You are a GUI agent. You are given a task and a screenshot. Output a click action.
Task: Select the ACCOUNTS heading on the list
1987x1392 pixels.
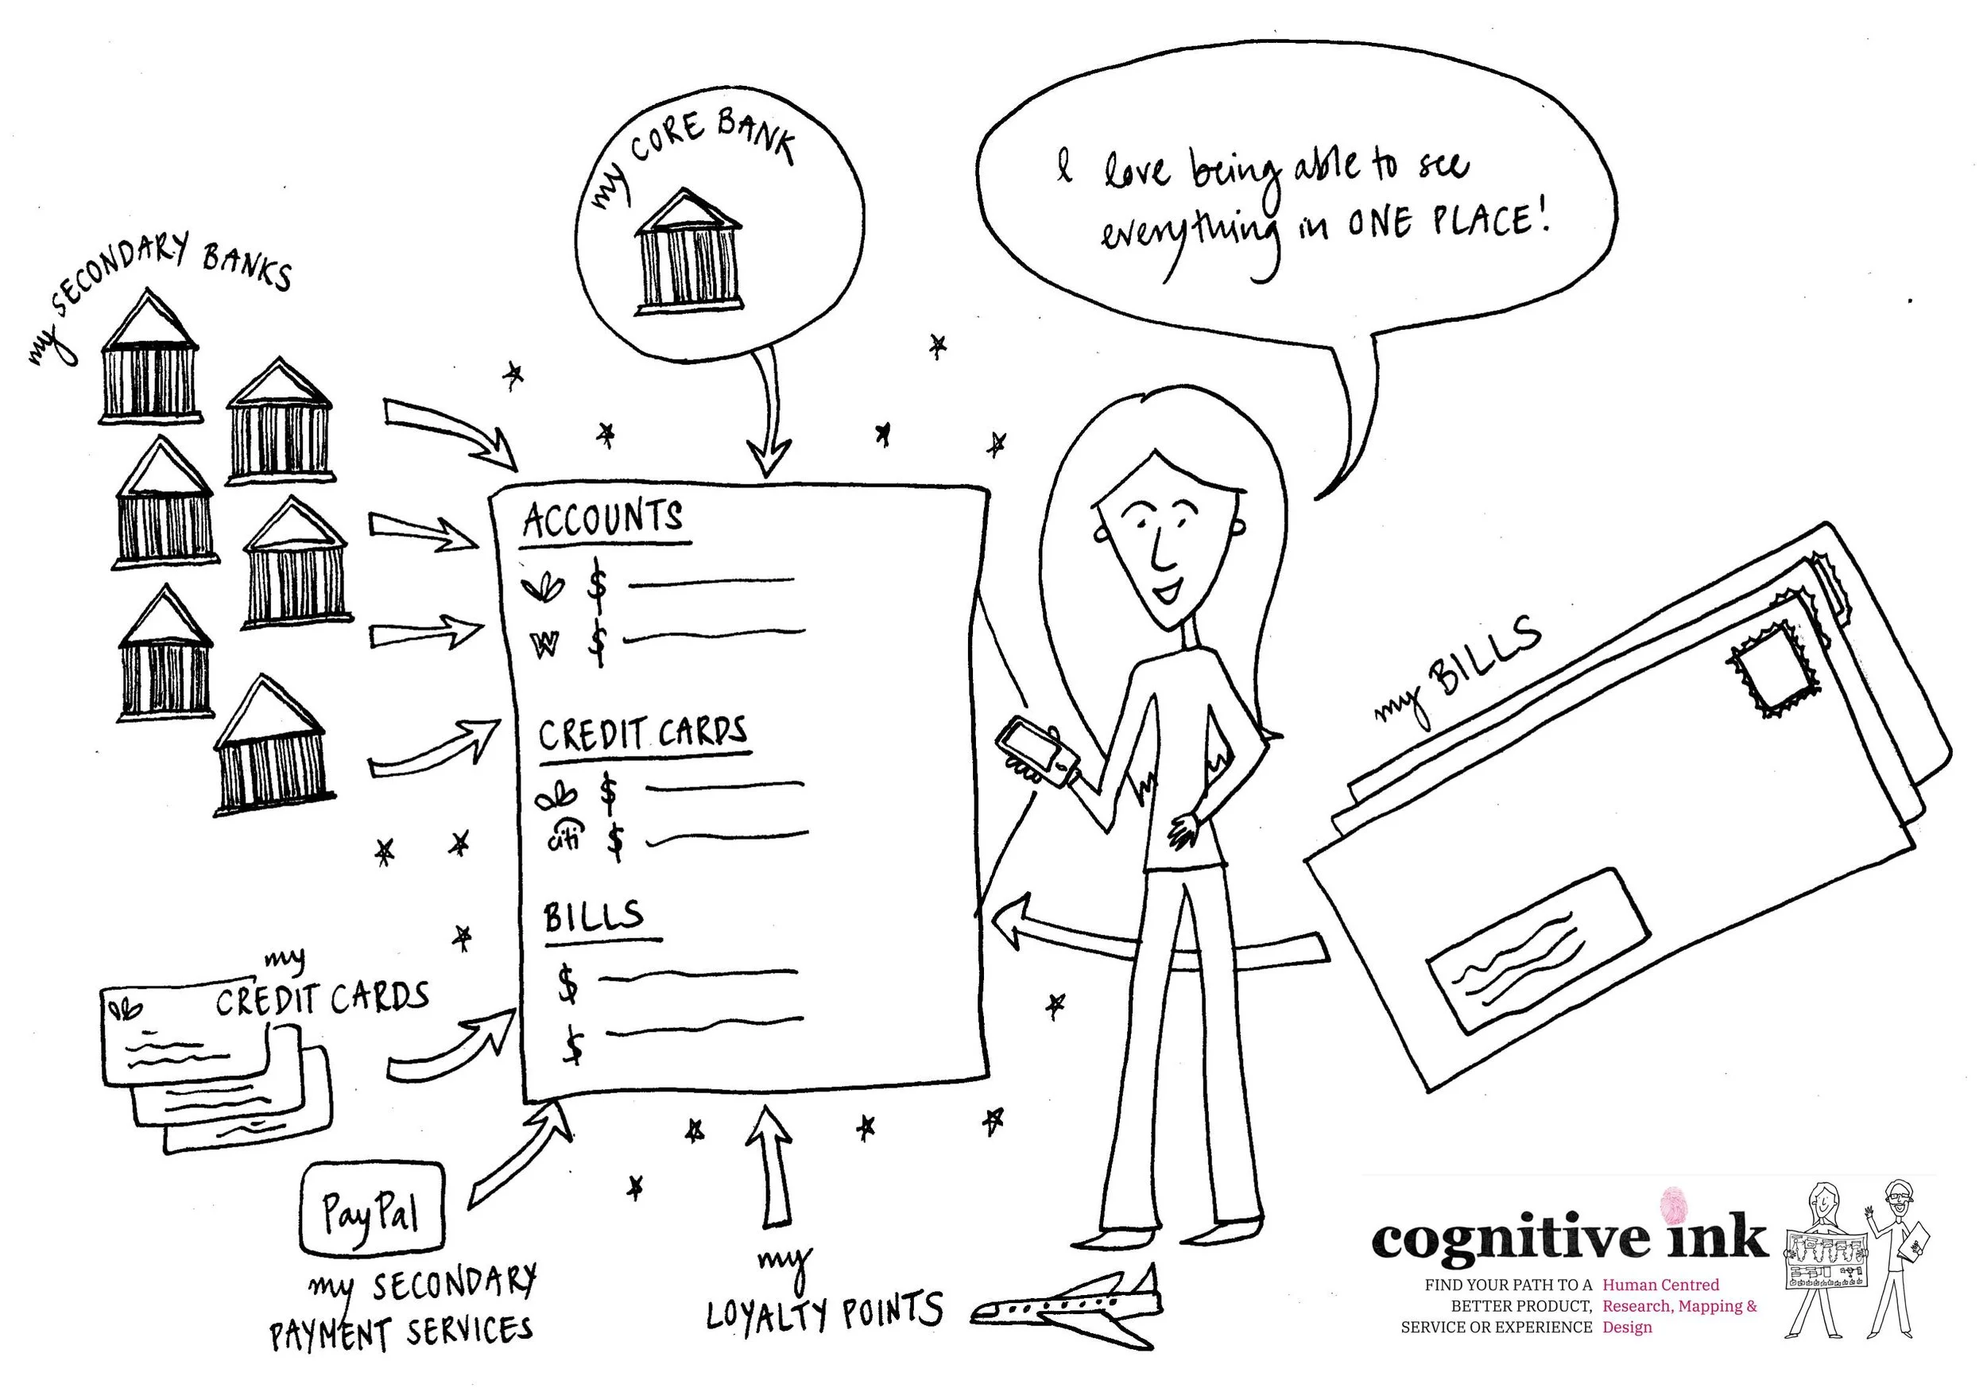(x=603, y=519)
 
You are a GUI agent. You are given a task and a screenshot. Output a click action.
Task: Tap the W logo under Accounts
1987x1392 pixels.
(x=546, y=644)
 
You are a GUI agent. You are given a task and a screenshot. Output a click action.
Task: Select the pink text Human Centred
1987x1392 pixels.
(x=1660, y=1285)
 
